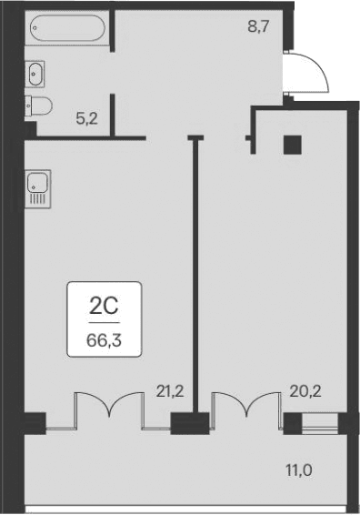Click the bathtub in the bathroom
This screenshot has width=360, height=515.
pyautogui.click(x=67, y=30)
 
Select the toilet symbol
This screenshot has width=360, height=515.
pyautogui.click(x=38, y=106)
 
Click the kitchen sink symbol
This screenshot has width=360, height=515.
pyautogui.click(x=38, y=187)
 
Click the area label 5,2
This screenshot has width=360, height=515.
pyautogui.click(x=86, y=117)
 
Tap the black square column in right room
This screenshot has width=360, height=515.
pyautogui.click(x=292, y=144)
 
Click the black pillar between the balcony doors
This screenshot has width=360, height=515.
pyautogui.click(x=189, y=422)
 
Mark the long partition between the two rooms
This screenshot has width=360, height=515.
pyautogui.click(x=195, y=273)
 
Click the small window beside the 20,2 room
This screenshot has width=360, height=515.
pyautogui.click(x=320, y=422)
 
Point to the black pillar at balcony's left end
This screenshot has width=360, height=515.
pyautogui.click(x=34, y=422)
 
